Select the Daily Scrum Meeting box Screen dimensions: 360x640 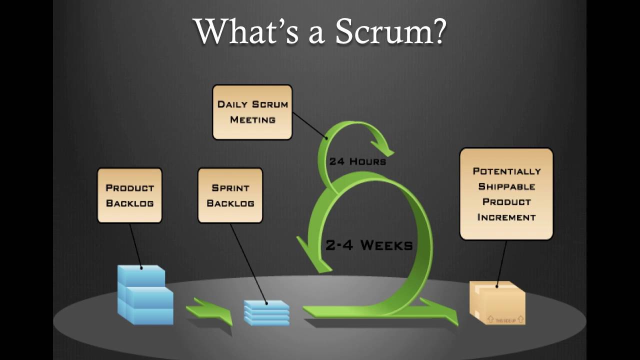pos(252,112)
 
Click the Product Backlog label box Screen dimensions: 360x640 pos(129,195)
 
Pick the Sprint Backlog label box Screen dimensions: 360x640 pos(230,195)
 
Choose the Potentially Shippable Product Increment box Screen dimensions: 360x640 pos(506,194)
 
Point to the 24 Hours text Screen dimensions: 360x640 pos(357,161)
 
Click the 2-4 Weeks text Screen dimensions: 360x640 pos(369,245)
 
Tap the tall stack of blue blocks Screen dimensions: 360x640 pos(144,296)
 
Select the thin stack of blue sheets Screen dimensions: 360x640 pos(266,313)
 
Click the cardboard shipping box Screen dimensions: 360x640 pos(497,303)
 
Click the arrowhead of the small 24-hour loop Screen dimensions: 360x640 pos(385,148)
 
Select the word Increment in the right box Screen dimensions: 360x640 pos(506,217)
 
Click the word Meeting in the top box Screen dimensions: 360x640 pos(252,120)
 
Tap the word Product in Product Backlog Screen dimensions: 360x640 pos(129,188)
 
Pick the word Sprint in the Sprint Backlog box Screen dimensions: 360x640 pos(230,188)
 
